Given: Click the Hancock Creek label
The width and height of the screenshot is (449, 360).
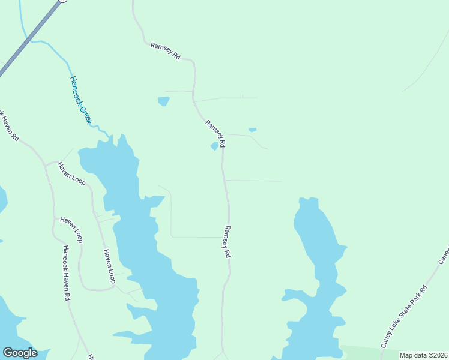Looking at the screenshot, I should (81, 100).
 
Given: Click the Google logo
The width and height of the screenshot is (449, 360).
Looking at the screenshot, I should (20, 353).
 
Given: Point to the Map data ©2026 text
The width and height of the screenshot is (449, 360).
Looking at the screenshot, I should (423, 355).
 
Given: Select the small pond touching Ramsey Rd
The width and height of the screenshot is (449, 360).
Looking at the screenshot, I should (214, 146).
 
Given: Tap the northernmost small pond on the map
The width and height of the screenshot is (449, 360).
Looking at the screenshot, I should (163, 101).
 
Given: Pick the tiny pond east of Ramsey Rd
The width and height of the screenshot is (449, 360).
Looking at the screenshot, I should (252, 130).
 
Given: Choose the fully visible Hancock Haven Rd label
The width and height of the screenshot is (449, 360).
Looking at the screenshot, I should (66, 272).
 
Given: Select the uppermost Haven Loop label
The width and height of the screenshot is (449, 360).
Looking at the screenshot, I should (72, 172).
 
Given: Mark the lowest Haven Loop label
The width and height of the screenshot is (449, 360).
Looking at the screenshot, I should (109, 266).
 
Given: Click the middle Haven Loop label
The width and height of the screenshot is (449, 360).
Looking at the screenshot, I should (71, 229).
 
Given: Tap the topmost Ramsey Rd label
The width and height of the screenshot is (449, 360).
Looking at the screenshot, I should (166, 50).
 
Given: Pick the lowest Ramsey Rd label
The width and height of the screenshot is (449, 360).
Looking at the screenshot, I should (227, 241).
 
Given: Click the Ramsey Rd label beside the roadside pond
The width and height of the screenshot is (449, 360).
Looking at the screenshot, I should (215, 133).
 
